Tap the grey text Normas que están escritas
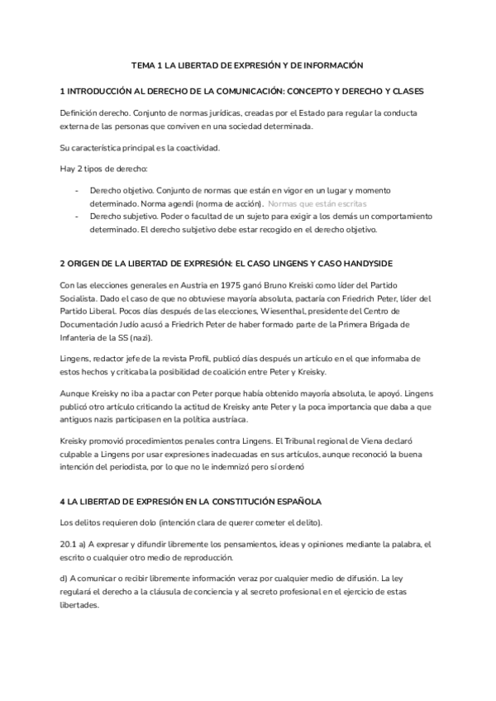[x=317, y=203]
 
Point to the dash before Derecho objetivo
[x=76, y=189]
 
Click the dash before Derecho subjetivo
[x=76, y=216]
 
